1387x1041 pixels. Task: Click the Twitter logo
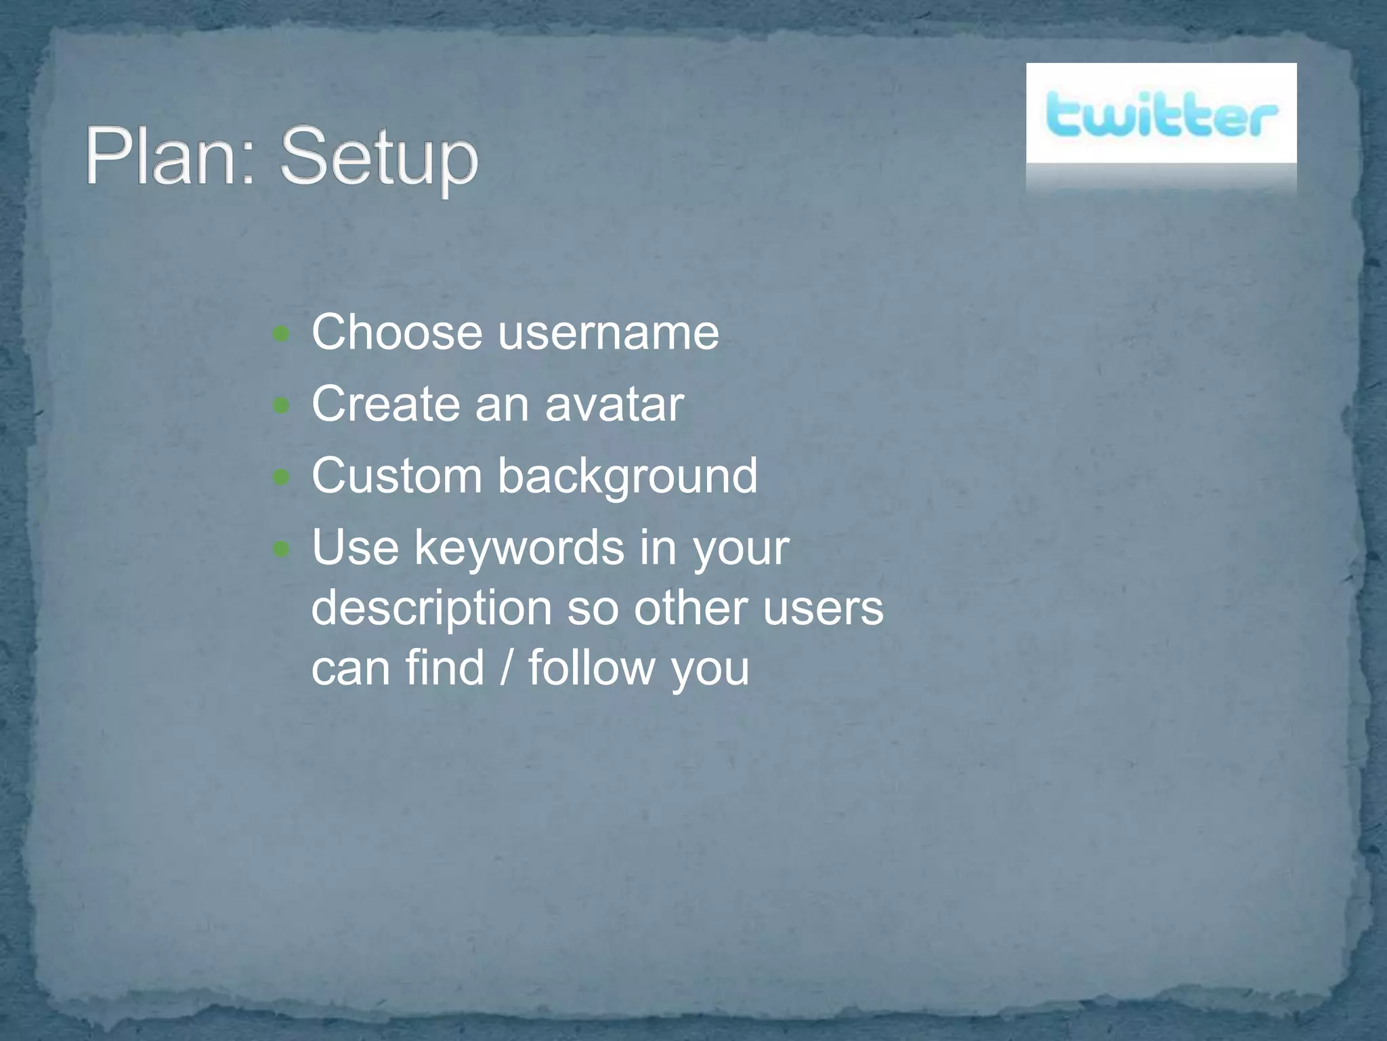(x=1161, y=115)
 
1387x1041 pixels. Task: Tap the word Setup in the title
(x=379, y=159)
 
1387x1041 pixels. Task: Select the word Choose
(x=397, y=333)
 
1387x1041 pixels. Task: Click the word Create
(x=385, y=405)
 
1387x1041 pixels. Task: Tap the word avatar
(x=614, y=405)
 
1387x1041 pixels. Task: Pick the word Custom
(x=397, y=476)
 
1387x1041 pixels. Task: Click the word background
(x=628, y=477)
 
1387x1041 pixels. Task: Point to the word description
(x=431, y=608)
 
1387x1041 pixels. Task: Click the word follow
(x=591, y=668)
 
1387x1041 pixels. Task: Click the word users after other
(x=823, y=608)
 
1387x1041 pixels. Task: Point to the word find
(x=445, y=668)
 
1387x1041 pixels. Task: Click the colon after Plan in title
(x=247, y=165)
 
